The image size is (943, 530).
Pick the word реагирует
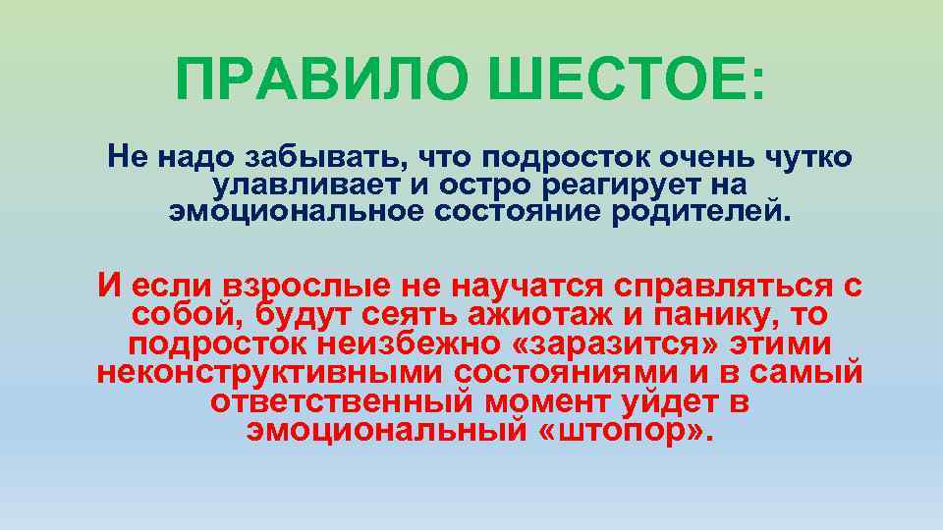tap(588, 184)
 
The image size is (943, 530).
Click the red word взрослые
tap(307, 287)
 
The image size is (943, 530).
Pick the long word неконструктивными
tap(272, 374)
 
